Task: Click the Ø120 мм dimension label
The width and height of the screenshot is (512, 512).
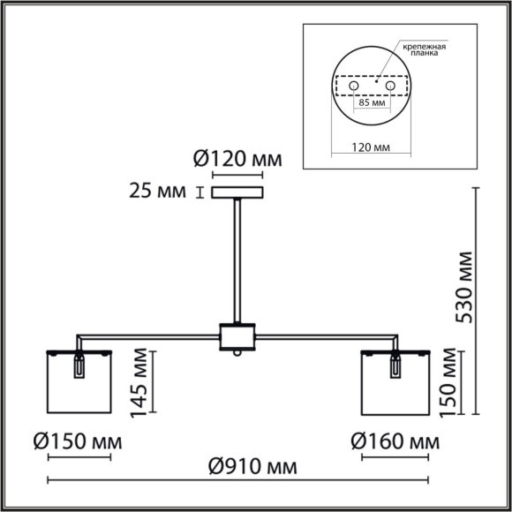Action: pos(237,161)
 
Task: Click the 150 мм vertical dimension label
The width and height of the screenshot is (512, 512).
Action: pos(450,380)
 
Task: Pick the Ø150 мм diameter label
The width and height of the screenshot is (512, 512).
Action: pos(79,440)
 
